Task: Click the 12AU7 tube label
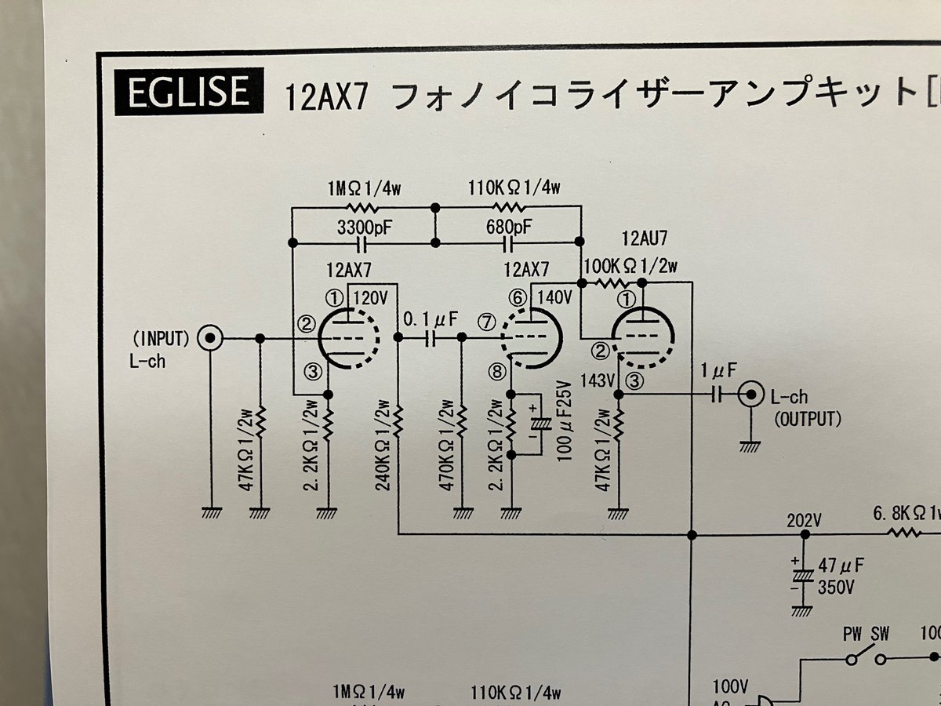click(x=641, y=238)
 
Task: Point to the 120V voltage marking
click(x=372, y=298)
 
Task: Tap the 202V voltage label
click(x=805, y=520)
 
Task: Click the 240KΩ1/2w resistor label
click(x=383, y=446)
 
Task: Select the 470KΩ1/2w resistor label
click(x=447, y=446)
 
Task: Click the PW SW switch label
click(x=866, y=634)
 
